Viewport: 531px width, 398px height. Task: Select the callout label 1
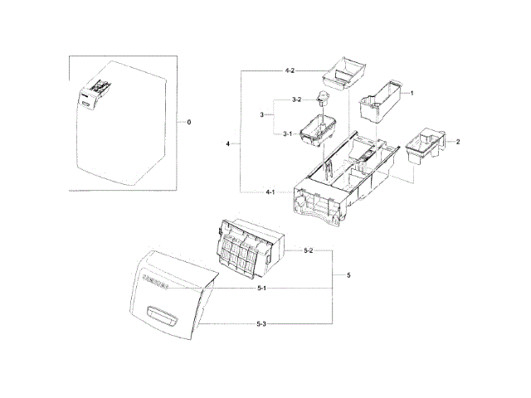pos(412,94)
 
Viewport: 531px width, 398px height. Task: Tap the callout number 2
pos(457,142)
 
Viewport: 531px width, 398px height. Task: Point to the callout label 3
pos(262,115)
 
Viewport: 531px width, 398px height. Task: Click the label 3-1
pos(286,133)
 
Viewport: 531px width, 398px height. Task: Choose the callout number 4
pos(228,144)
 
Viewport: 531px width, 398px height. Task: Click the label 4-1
pos(270,192)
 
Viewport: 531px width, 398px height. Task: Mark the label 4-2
pos(290,72)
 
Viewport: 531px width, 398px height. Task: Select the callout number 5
pos(348,274)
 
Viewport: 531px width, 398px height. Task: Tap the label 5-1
pos(261,288)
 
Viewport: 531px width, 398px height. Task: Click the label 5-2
pos(308,250)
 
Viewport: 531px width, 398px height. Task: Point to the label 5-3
pos(261,321)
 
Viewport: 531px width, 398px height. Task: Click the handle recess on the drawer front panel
pos(163,313)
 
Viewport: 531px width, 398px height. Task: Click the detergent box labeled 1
pos(384,103)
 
